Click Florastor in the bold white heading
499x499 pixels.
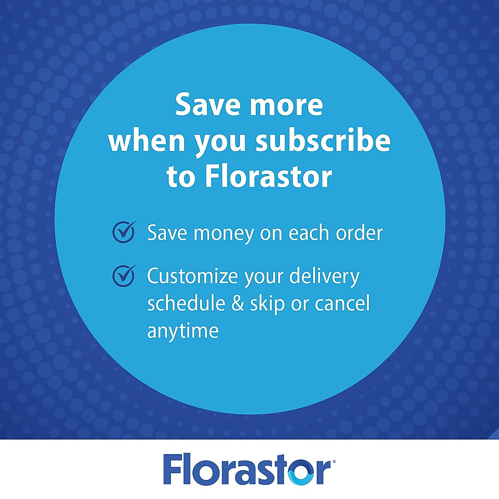(268, 176)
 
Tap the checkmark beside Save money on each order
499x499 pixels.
(124, 232)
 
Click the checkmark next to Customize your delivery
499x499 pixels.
(124, 276)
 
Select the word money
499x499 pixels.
(224, 233)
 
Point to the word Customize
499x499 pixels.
(193, 276)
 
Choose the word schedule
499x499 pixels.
(186, 303)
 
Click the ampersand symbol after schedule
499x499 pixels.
(237, 304)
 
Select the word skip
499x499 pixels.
(267, 304)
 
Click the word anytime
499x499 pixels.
(183, 331)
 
